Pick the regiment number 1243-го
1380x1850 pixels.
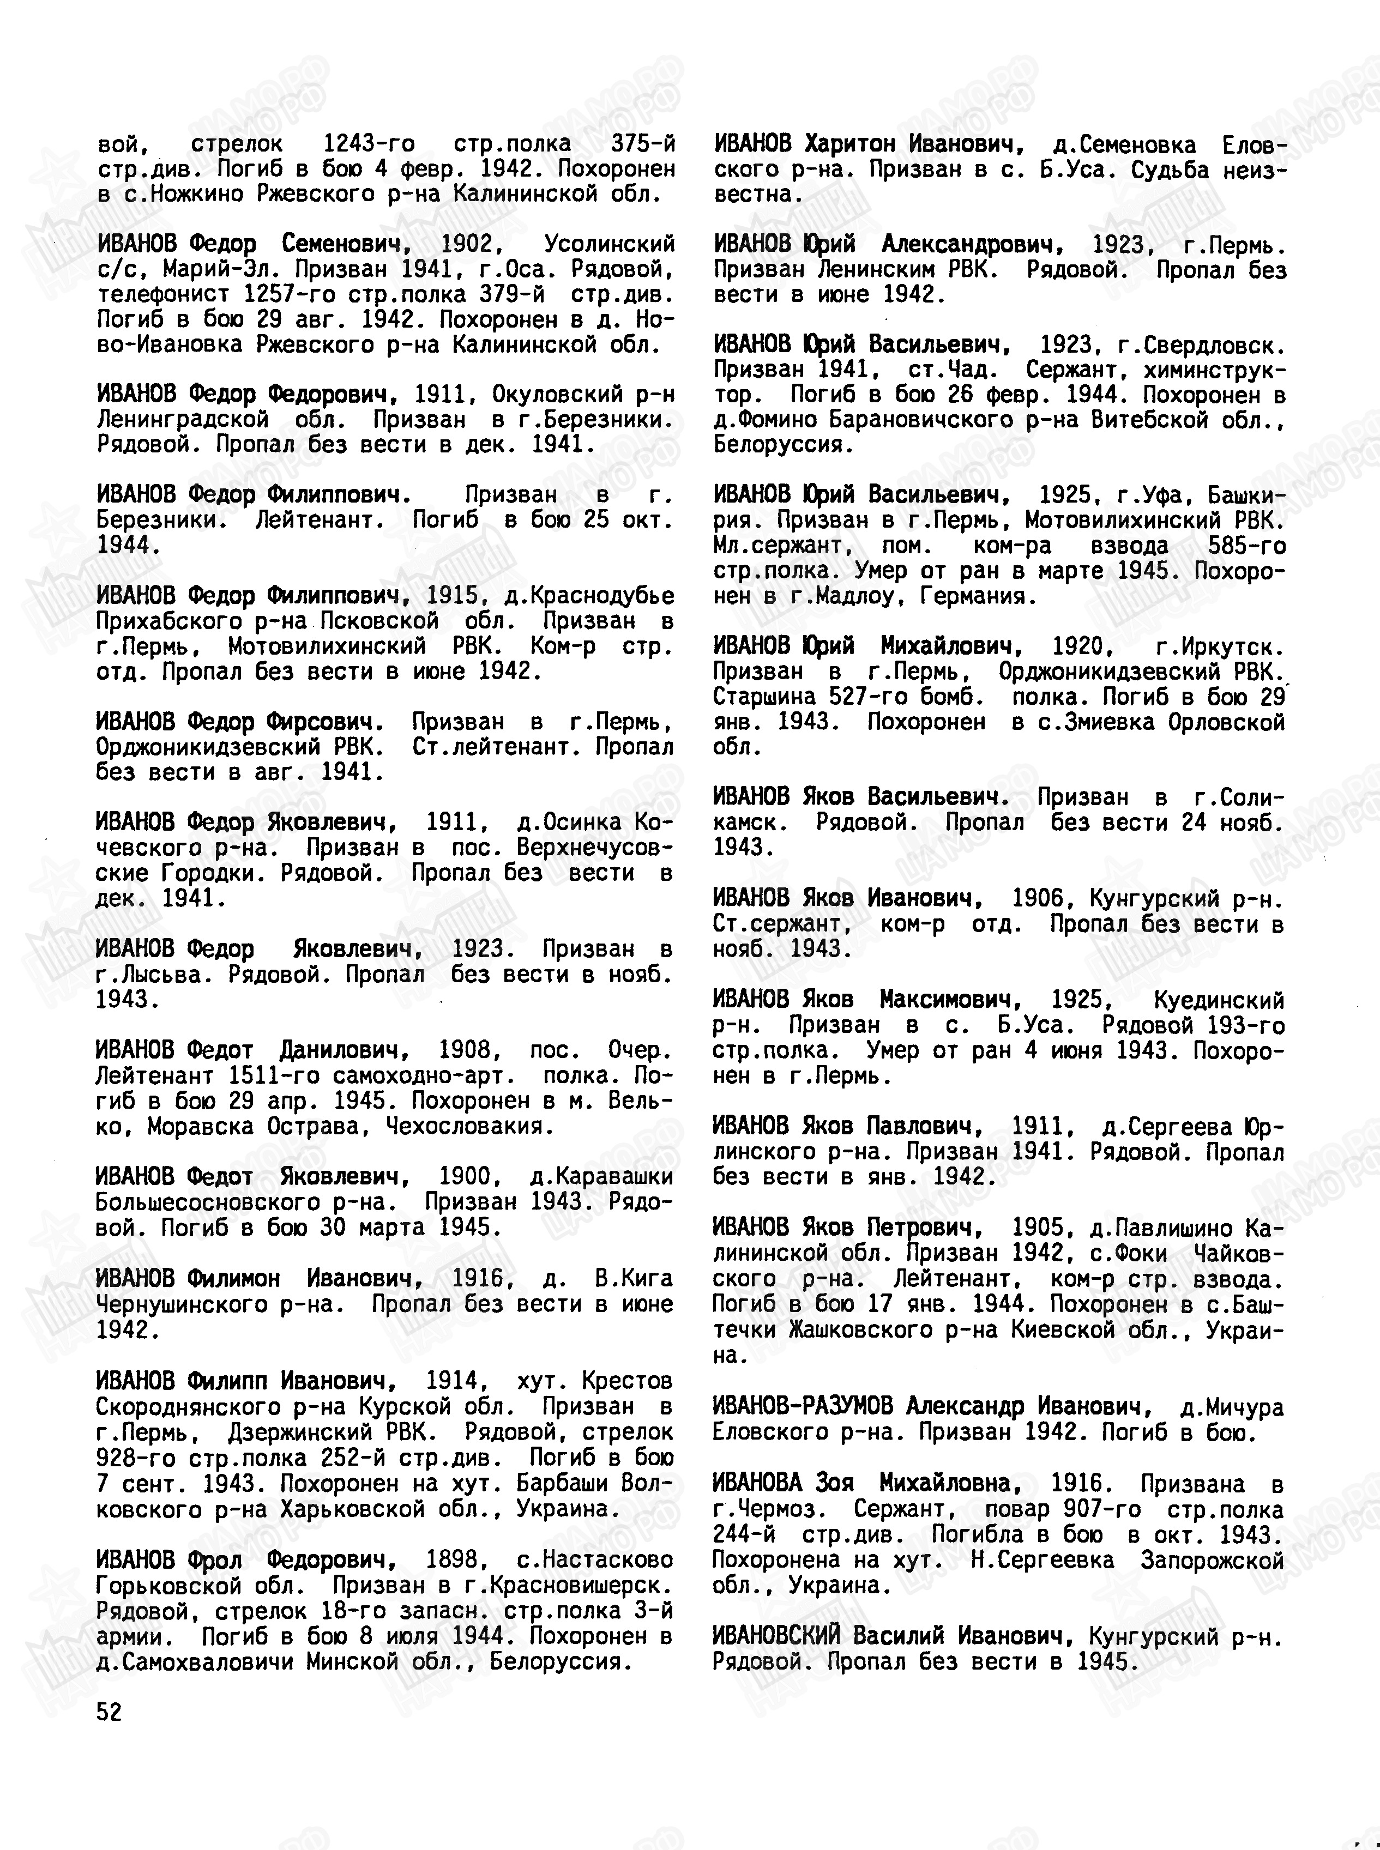coord(369,144)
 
